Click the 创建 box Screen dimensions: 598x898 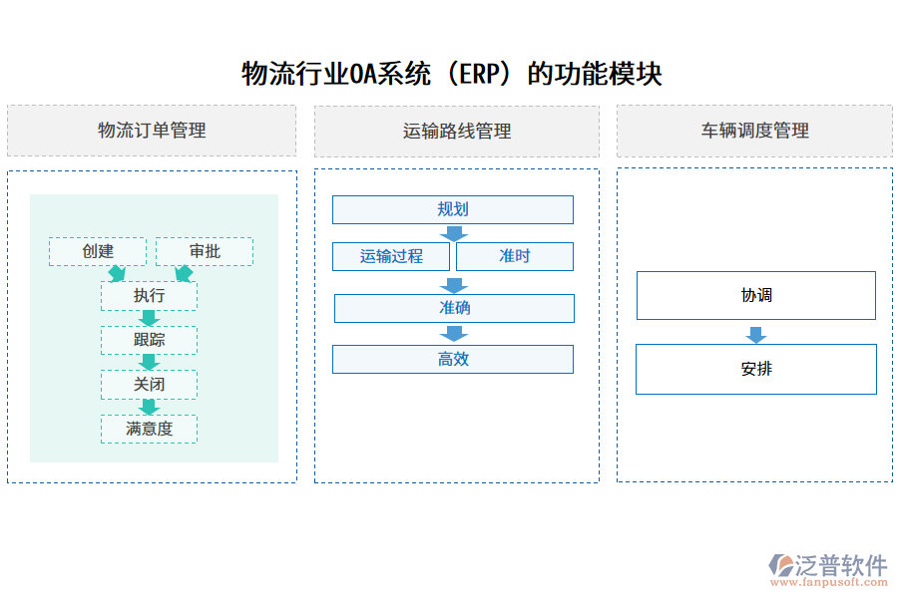[98, 251]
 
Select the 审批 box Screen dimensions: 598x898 [205, 251]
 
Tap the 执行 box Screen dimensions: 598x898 [149, 296]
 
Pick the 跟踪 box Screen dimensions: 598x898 [149, 340]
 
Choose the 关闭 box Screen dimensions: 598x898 [149, 385]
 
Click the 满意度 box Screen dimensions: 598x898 [149, 429]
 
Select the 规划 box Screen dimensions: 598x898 [453, 209]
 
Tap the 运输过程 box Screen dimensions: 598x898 [391, 256]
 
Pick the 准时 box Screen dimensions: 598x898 [515, 256]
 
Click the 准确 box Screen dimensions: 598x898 [454, 308]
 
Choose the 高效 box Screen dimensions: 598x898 [453, 359]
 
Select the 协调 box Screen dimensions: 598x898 [756, 295]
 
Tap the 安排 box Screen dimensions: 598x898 [756, 369]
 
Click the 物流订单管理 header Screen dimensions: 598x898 [152, 131]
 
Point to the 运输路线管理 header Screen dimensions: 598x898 [457, 131]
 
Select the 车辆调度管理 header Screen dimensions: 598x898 [755, 131]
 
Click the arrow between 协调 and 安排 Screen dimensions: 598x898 [756, 335]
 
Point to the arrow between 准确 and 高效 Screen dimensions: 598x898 [454, 334]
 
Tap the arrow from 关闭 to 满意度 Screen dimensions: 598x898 [150, 407]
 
